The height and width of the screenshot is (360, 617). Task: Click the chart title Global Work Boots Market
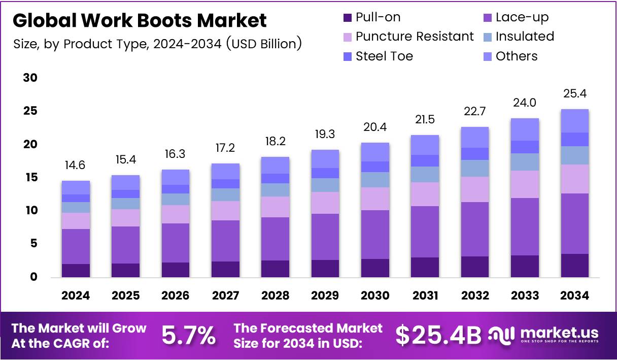pyautogui.click(x=139, y=20)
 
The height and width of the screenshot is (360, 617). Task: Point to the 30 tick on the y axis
pyautogui.click(x=30, y=78)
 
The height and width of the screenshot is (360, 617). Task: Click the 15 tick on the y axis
pyautogui.click(x=30, y=178)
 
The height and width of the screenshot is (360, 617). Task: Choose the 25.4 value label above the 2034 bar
pyautogui.click(x=574, y=94)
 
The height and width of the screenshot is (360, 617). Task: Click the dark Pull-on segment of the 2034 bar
pyautogui.click(x=574, y=266)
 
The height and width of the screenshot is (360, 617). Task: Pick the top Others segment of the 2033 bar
pyautogui.click(x=525, y=129)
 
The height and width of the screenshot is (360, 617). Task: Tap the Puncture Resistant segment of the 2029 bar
pyautogui.click(x=325, y=203)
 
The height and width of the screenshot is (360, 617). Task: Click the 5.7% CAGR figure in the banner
pyautogui.click(x=189, y=335)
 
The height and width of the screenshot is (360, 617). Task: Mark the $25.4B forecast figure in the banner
pyautogui.click(x=438, y=335)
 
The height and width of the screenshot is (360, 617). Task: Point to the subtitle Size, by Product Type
pyautogui.click(x=158, y=44)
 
